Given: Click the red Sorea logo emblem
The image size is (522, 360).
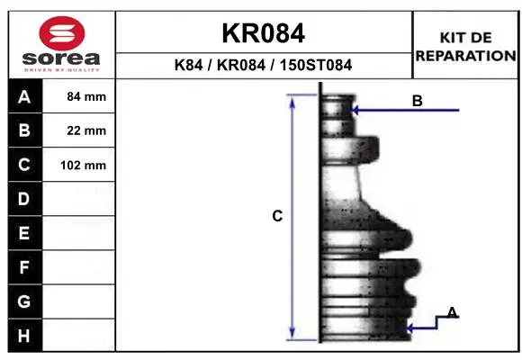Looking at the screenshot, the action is [62, 33].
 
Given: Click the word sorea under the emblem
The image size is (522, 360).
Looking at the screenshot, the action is [61, 58].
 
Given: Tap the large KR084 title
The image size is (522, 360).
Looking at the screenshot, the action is [264, 33].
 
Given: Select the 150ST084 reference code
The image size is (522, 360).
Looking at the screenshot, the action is [316, 65].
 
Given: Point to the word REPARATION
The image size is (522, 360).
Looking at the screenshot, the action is [465, 56].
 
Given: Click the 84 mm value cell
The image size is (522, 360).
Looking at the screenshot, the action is [79, 96].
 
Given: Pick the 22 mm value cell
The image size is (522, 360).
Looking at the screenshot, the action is [79, 130].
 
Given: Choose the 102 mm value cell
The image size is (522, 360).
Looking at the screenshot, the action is [79, 165].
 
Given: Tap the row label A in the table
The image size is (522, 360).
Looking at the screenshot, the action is [24, 96].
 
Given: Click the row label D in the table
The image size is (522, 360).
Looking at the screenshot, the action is [24, 199].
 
